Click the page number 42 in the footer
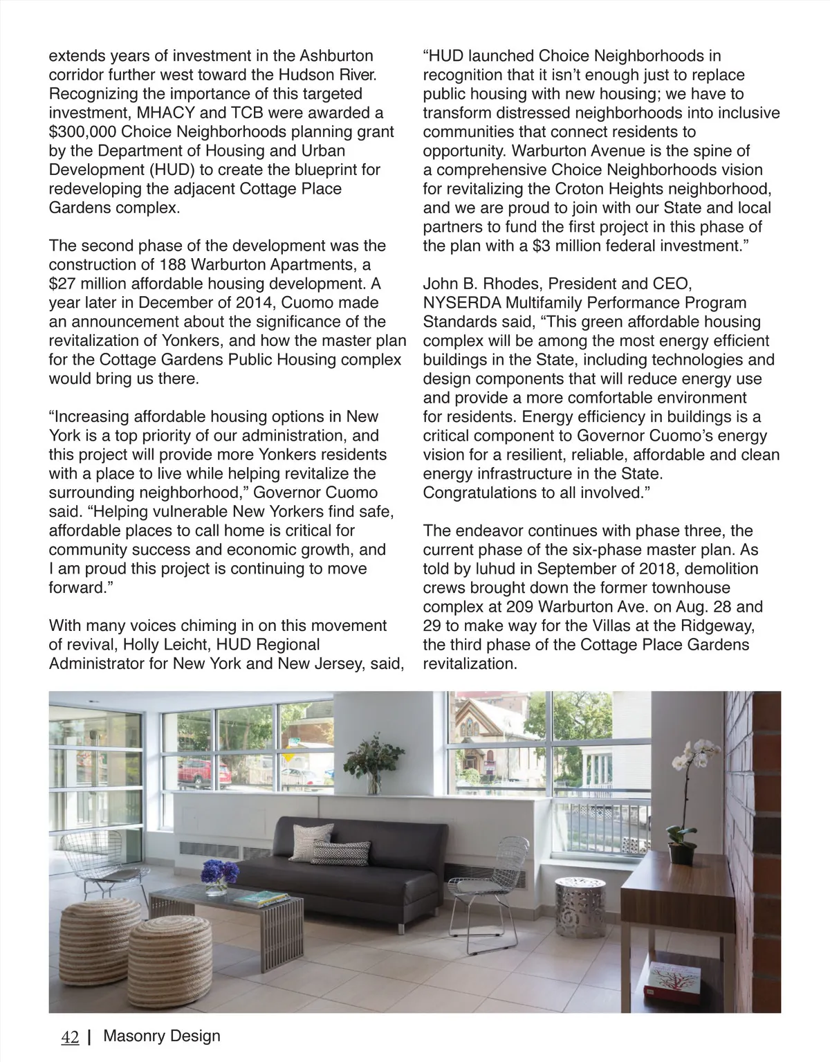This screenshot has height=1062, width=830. coord(70,1037)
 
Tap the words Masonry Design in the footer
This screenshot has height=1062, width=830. coord(161,1036)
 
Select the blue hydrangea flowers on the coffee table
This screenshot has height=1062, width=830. coord(219,871)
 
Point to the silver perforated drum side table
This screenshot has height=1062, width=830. coord(580,902)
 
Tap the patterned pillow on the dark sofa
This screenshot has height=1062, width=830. coord(338,852)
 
